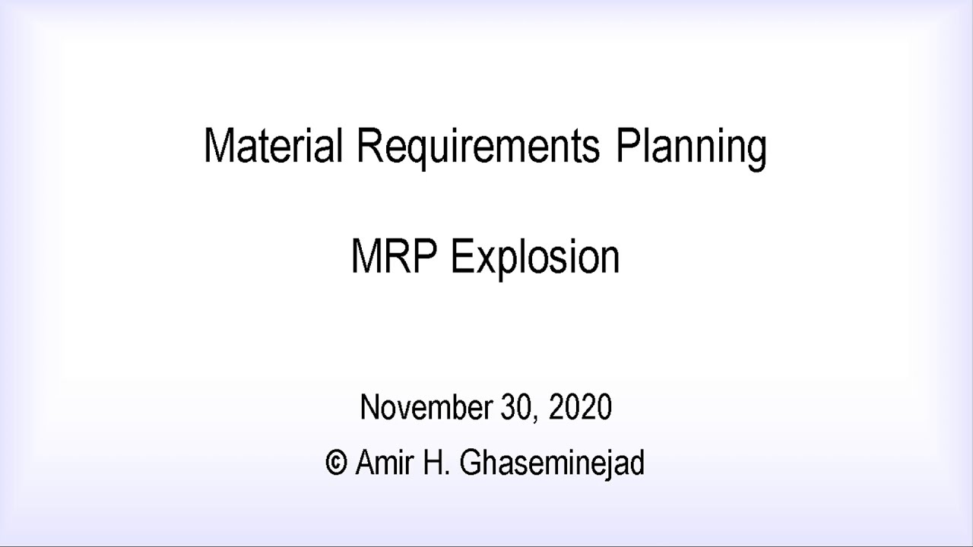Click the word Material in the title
pos(273,145)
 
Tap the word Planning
pos(690,147)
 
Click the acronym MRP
pos(393,257)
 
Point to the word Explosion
pos(535,258)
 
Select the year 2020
pos(580,407)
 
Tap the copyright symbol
pos(335,462)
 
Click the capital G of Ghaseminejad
pos(471,462)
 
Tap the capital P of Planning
pos(626,145)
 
